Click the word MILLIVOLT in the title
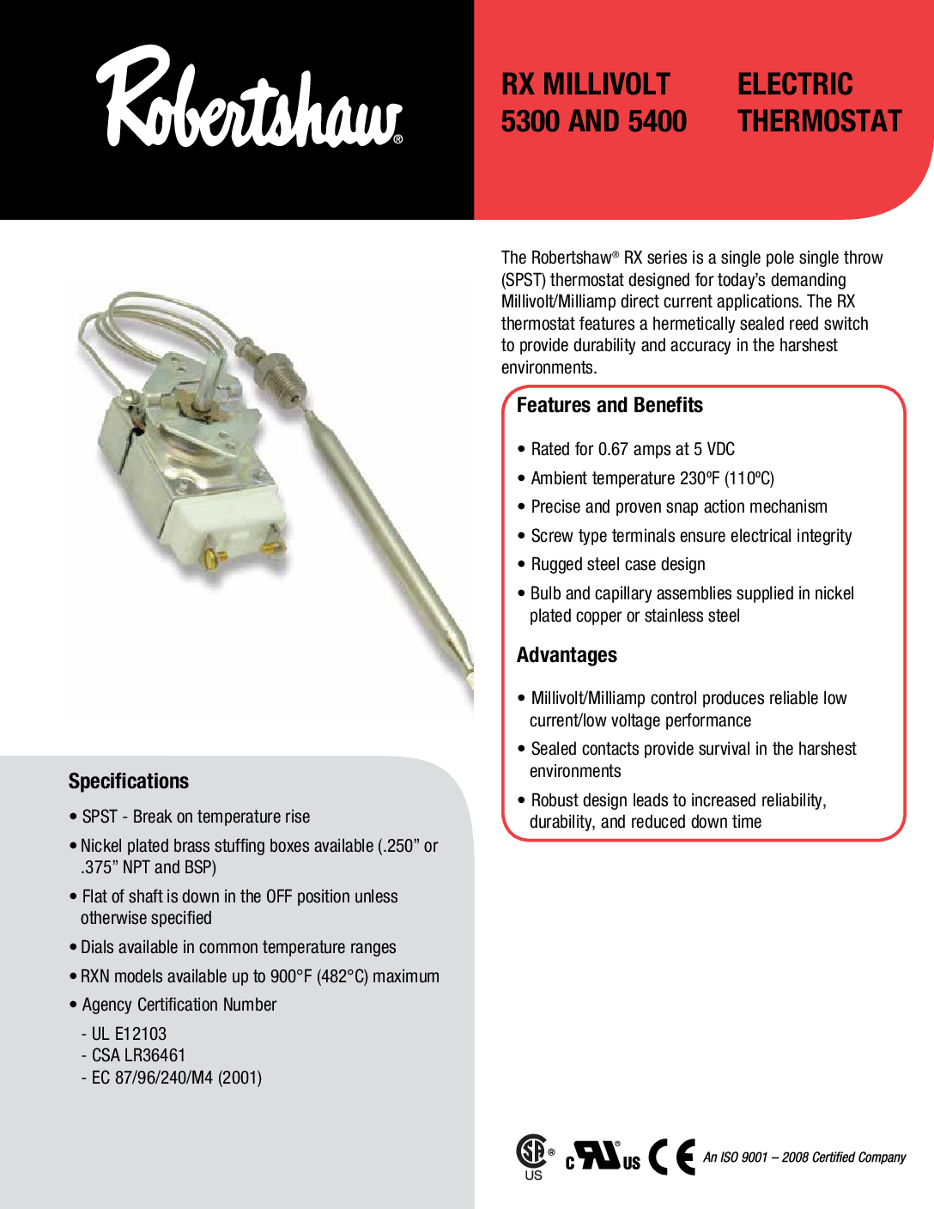tap(605, 84)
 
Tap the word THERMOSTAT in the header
tap(819, 121)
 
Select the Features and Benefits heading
tap(610, 405)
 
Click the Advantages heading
tap(567, 655)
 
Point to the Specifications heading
tap(129, 781)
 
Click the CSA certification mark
tap(533, 1152)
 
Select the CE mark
tap(671, 1157)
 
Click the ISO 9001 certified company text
tap(804, 1157)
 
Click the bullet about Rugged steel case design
tap(617, 564)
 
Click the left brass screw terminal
tap(212, 559)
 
